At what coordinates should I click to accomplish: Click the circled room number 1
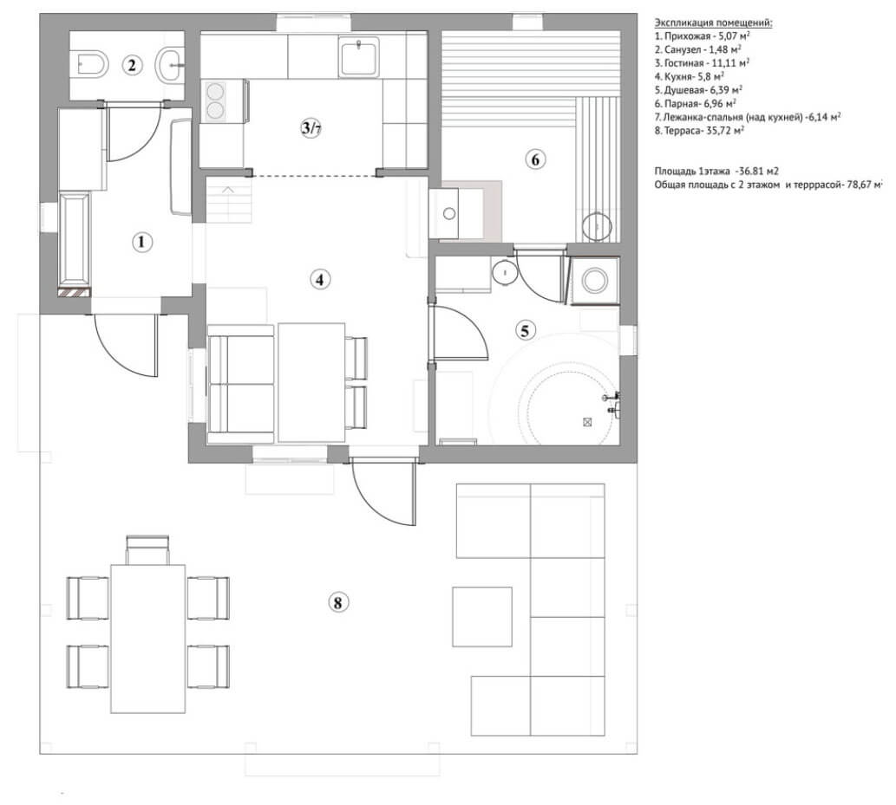click(x=141, y=243)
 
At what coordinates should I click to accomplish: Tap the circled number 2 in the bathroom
click(x=131, y=64)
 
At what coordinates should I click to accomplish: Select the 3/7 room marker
click(x=311, y=128)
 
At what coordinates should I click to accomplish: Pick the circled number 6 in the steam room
click(x=534, y=159)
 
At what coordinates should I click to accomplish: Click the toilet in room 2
click(x=88, y=62)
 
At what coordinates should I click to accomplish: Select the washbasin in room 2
click(x=170, y=62)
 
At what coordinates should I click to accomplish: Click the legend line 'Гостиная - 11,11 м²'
click(x=703, y=63)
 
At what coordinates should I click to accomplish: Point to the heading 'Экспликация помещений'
click(x=712, y=23)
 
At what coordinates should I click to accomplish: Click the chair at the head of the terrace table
click(x=147, y=549)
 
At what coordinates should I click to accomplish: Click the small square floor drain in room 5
click(x=587, y=422)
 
